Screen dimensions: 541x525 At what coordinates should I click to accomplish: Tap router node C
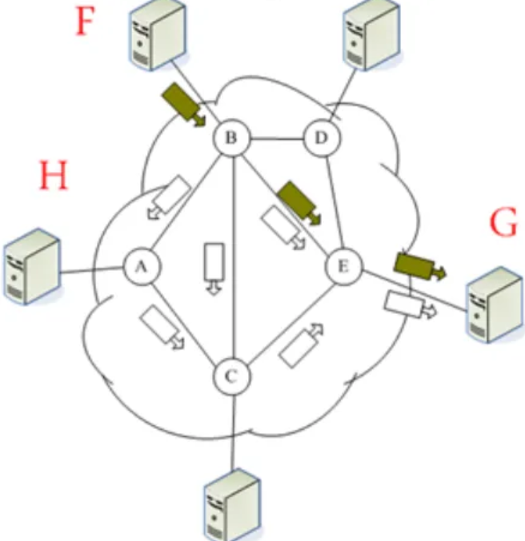(232, 376)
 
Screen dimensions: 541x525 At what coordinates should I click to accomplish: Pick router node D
(322, 139)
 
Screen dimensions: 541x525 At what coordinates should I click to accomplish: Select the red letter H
(54, 177)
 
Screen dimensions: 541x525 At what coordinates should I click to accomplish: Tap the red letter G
(504, 225)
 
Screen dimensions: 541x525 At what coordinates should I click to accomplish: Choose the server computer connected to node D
(369, 36)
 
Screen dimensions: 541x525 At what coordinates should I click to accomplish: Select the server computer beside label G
(493, 304)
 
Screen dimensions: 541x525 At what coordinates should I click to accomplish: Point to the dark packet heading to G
(416, 267)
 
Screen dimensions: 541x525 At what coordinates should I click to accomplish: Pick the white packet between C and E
(302, 344)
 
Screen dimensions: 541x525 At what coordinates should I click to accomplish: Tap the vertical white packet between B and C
(213, 268)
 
